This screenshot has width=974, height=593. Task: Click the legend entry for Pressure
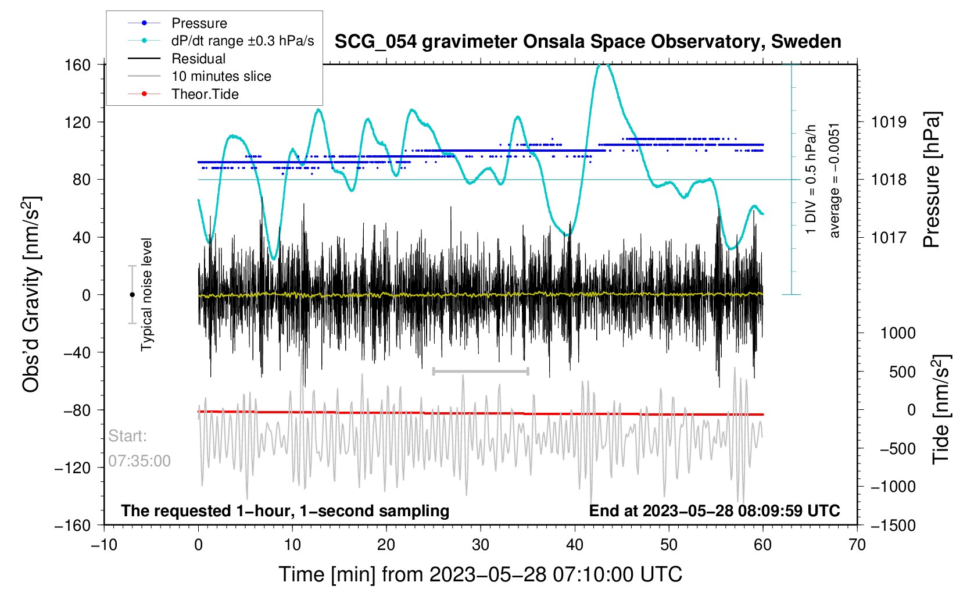coord(199,23)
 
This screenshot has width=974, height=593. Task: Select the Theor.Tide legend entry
coord(205,94)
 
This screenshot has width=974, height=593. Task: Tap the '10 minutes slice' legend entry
coord(221,76)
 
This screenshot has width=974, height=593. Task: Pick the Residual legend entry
coord(198,59)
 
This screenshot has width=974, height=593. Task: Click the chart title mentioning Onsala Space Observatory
coord(588,42)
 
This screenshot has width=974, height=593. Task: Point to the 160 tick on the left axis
coord(77,65)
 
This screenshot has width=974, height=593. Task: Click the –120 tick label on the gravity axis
coord(73,467)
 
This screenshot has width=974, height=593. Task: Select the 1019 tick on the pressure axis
coord(889,122)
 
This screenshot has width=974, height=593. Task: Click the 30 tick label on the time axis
coord(480,545)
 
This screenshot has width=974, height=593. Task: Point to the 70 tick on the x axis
coord(857,545)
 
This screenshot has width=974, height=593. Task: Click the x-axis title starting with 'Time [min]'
coord(480,574)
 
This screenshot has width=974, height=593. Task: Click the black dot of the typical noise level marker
coord(132,295)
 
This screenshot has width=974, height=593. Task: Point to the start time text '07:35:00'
coord(139,461)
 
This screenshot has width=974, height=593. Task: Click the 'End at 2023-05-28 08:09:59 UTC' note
coord(714,511)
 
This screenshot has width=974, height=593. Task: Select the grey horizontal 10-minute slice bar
coord(480,371)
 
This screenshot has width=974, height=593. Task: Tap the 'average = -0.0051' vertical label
coord(835,180)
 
